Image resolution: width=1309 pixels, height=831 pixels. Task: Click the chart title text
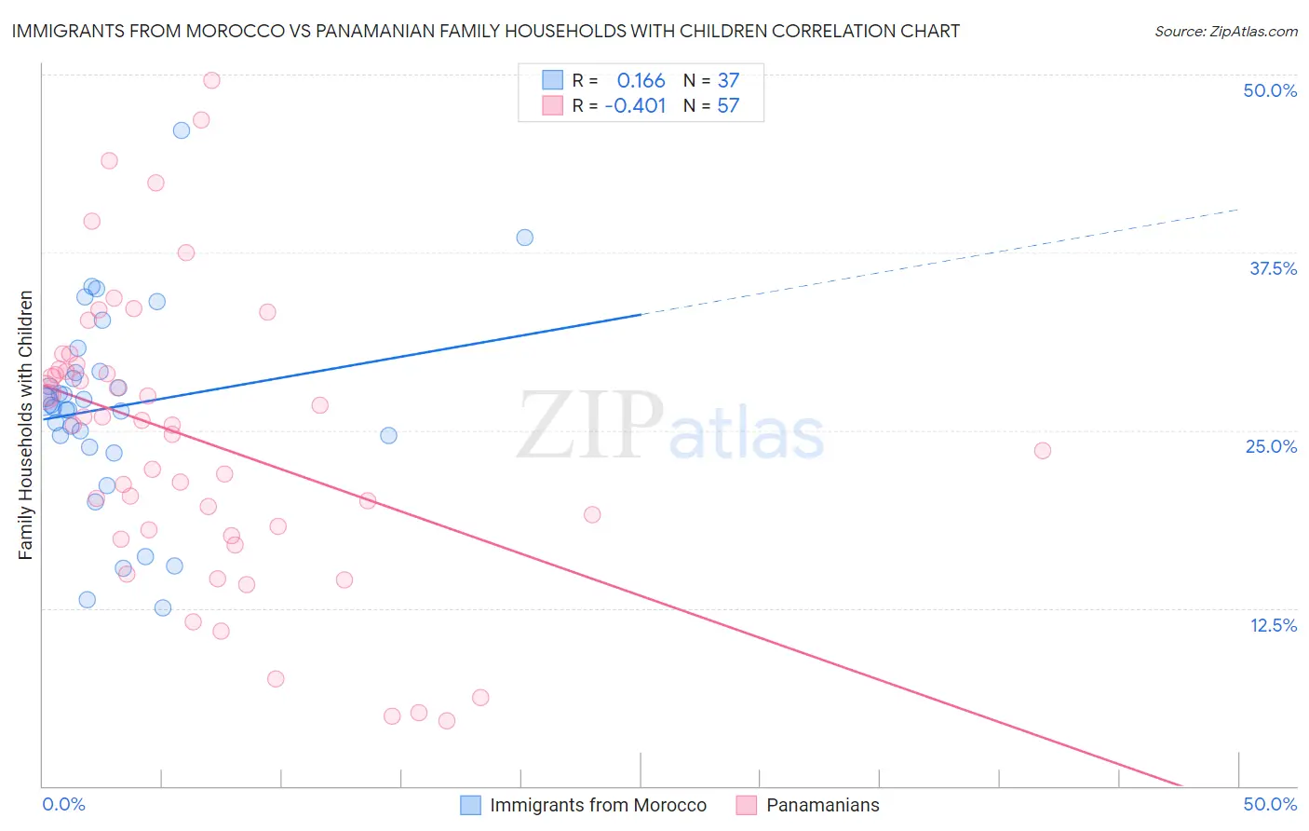coord(485,31)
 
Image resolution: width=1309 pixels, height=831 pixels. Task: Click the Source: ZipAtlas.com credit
coord(1225,31)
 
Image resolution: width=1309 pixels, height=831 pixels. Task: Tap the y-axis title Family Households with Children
coord(26,425)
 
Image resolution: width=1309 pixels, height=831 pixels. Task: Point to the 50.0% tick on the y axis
coord(1270,90)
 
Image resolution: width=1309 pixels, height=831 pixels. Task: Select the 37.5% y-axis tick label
coord(1273,268)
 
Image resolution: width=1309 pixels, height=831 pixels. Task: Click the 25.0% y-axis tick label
coord(1271,446)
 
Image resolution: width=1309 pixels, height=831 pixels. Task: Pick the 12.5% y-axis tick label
coord(1273,625)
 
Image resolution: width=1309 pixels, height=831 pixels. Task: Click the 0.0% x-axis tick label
coord(63,804)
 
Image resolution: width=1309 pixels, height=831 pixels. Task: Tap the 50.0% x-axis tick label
coord(1270,804)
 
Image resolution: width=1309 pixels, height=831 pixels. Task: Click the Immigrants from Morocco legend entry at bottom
coord(598,805)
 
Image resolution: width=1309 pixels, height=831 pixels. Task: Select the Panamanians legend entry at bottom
coord(822,805)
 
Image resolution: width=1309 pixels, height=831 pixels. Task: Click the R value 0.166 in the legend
coord(641,81)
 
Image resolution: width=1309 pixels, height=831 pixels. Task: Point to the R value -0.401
coord(635,106)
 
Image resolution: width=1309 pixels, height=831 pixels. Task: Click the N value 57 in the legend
coord(728,106)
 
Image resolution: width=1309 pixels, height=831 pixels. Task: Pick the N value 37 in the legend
coord(728,81)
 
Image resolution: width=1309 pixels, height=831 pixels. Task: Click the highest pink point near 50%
coord(211,80)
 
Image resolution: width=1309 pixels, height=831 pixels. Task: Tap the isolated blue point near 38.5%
coord(525,238)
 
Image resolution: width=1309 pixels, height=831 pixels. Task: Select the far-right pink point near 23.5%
coord(1043,451)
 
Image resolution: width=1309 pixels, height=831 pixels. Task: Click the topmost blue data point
coord(182,130)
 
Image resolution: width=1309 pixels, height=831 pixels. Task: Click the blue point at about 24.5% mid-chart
coord(389,435)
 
